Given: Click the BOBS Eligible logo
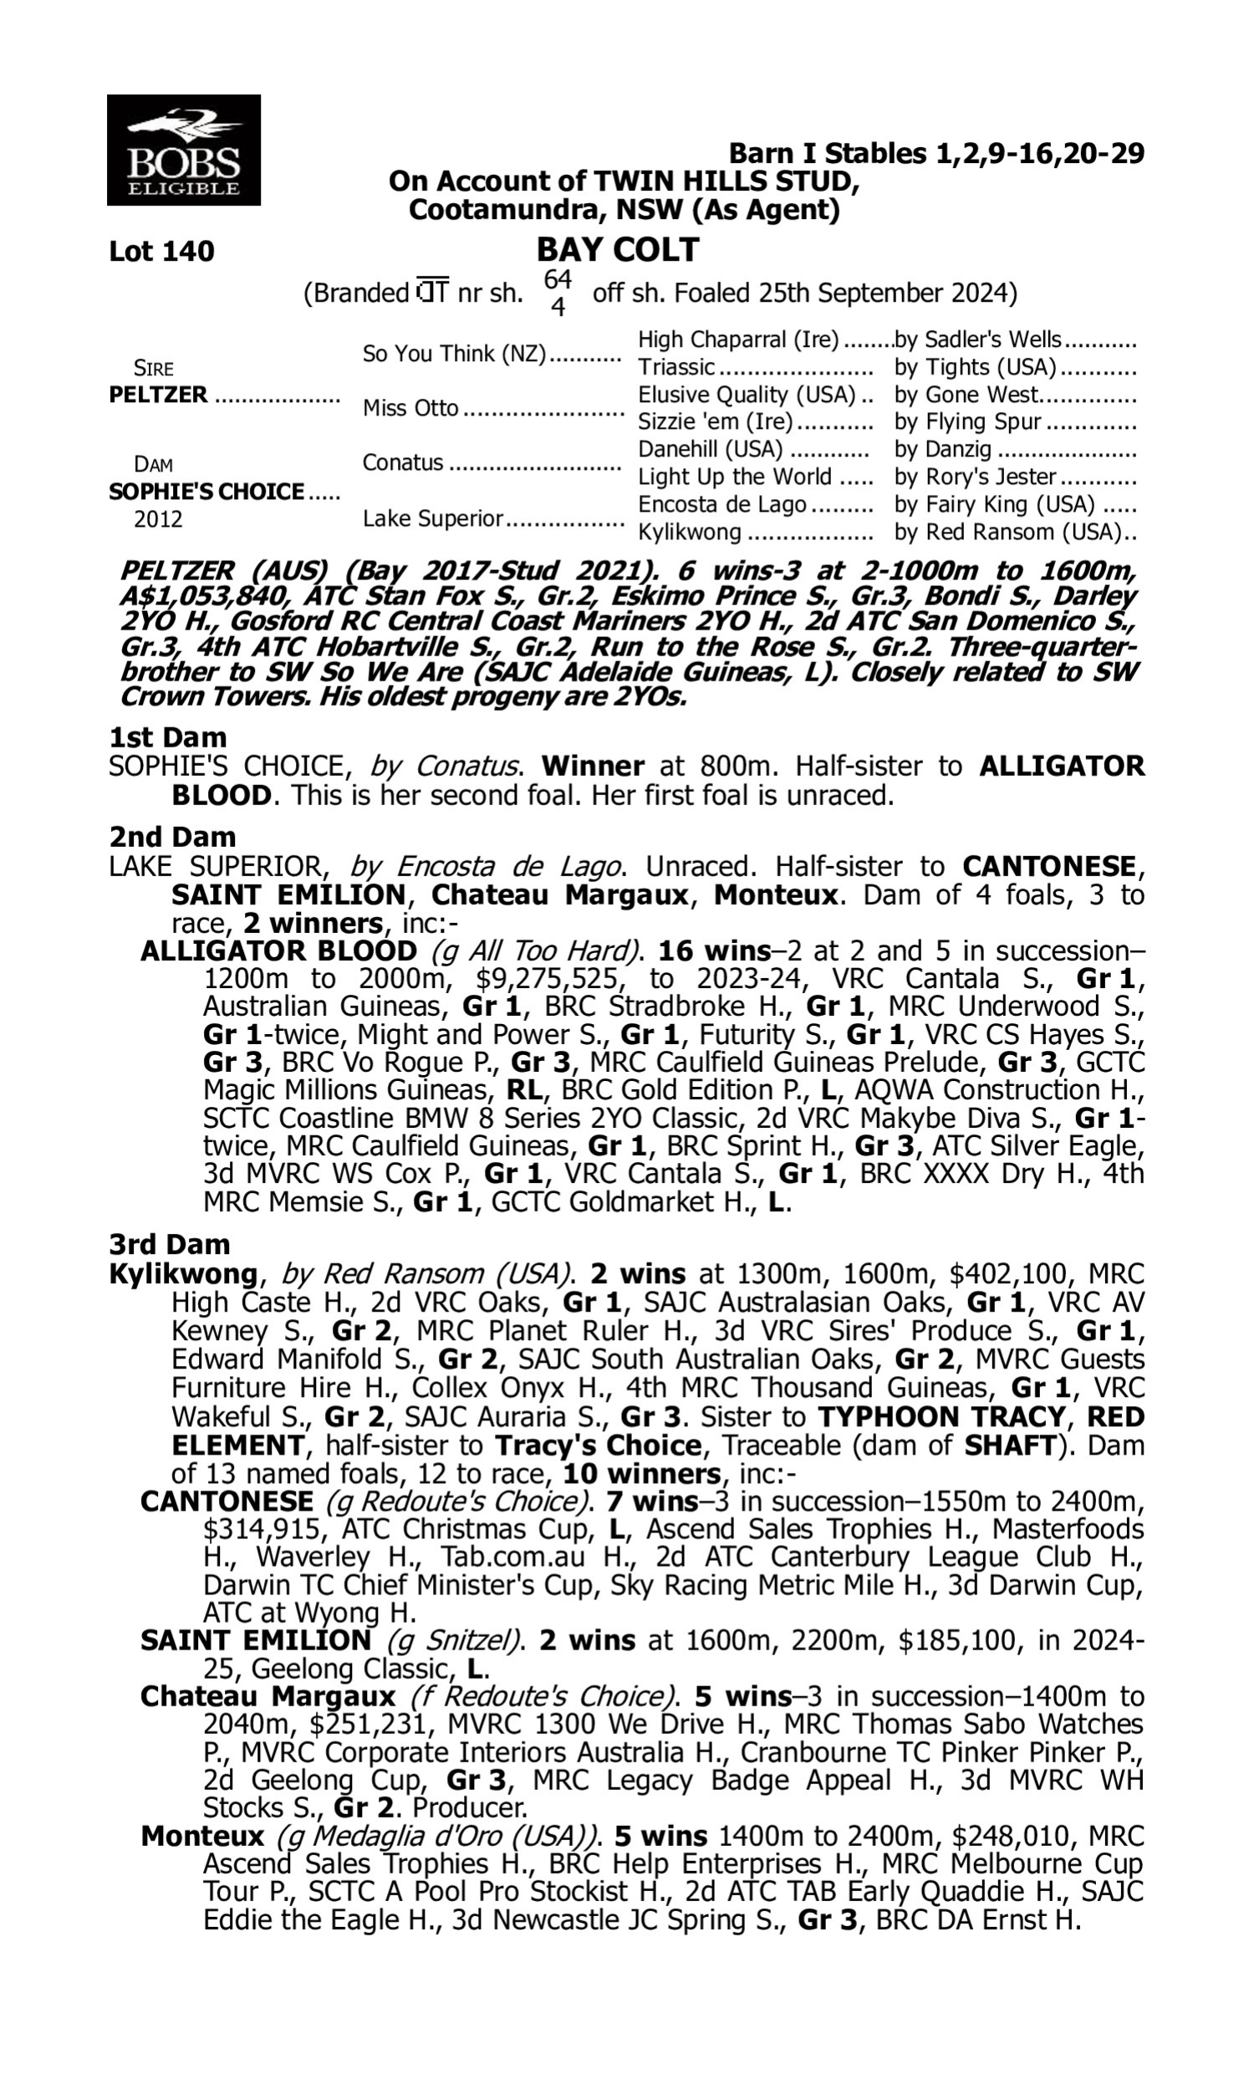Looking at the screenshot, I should point(183,150).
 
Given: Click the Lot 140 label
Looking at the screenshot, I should point(161,251).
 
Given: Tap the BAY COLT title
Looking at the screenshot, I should point(618,250).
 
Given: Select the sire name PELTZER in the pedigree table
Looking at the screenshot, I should point(158,395).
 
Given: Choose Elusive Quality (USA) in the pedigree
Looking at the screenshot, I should point(747,395).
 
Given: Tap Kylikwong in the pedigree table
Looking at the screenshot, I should point(690,533).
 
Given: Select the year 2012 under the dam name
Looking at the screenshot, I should point(158,518).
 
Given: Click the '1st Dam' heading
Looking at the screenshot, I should point(168,737).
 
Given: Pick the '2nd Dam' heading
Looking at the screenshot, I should point(171,836).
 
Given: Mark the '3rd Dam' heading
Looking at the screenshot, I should point(169,1243).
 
